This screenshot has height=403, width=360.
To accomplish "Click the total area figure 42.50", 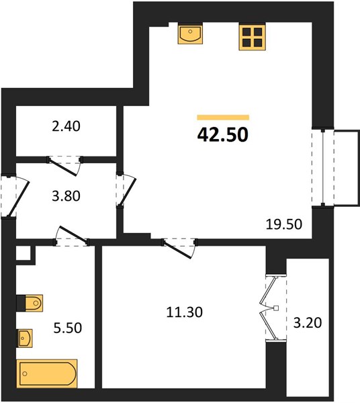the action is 222,135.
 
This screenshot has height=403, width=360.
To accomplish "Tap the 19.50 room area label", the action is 284,224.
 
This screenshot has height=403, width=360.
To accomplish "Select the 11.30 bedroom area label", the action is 185,312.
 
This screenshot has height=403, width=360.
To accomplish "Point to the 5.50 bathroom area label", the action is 68,328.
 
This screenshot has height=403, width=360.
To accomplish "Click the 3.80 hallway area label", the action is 66,196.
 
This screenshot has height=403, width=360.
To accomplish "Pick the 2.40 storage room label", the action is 66,126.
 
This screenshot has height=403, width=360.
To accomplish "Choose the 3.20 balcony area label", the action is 308,323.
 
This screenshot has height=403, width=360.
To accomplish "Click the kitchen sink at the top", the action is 190,33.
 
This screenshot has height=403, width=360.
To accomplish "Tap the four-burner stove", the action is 252,36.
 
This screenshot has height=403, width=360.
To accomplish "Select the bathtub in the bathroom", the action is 47,373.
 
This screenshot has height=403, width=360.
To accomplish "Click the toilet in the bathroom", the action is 30,304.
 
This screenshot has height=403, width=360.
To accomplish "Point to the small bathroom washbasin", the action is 24,339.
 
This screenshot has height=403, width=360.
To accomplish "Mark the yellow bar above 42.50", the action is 223,118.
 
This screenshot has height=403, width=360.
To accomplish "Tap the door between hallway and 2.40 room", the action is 64,165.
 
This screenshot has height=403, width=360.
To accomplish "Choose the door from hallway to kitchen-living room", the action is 126,190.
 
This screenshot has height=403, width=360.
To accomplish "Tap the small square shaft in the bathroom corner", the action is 24,253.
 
